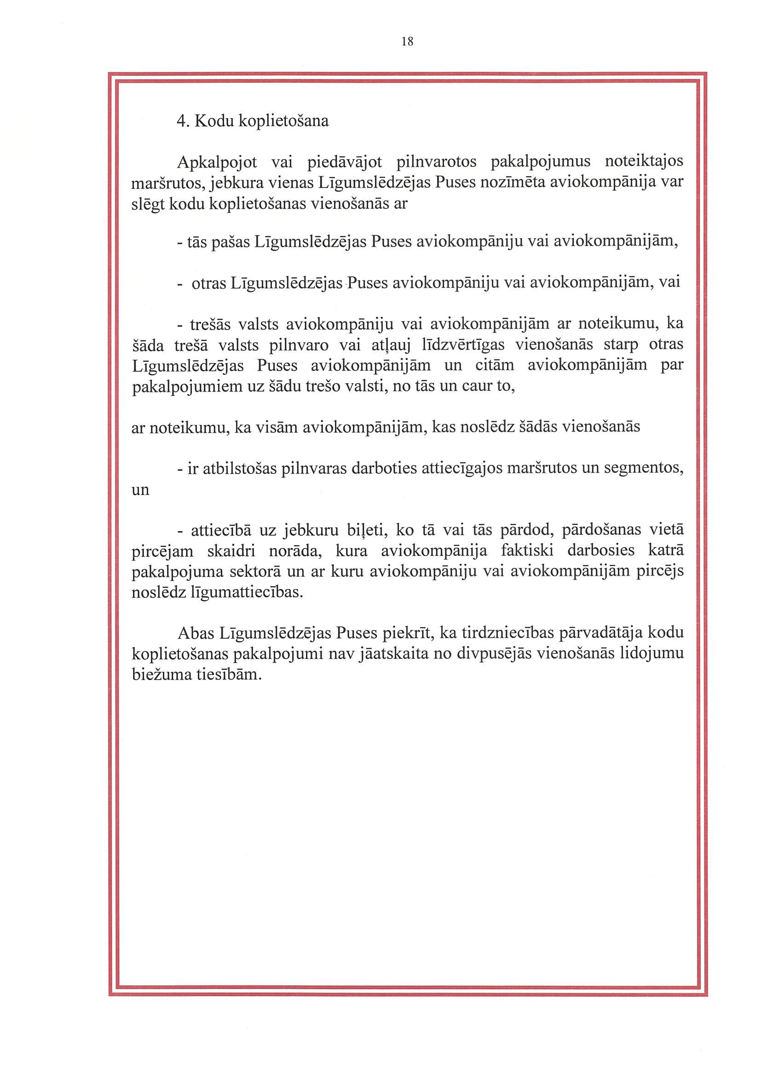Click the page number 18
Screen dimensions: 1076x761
[x=407, y=42]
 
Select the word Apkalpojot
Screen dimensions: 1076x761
[x=217, y=163]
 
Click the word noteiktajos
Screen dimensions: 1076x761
[x=644, y=162]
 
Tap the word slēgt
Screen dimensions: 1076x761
[x=148, y=204]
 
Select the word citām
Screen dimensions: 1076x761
[x=497, y=365]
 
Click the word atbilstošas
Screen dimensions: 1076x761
[x=240, y=468]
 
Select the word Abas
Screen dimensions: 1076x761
[x=196, y=633]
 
